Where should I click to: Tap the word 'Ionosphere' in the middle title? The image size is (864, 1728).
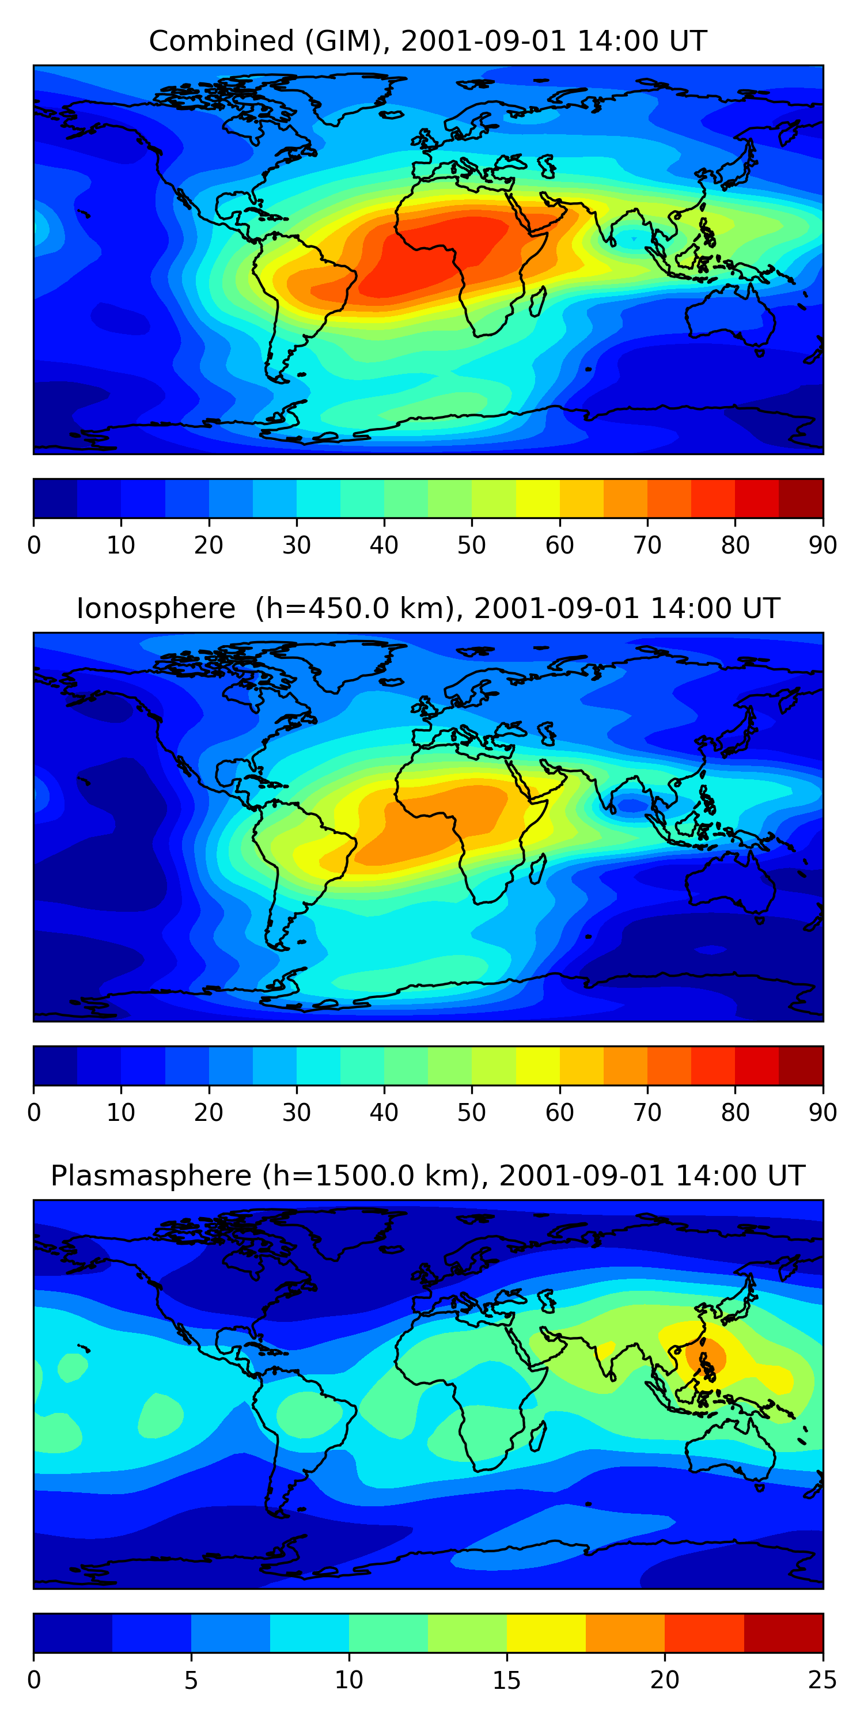tap(156, 608)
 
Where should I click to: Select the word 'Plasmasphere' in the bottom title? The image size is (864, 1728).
tap(151, 1176)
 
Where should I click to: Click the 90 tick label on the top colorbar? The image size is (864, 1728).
tap(823, 545)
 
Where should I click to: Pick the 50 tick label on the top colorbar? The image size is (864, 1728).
tap(472, 545)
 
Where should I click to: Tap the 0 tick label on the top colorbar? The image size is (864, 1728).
tap(34, 545)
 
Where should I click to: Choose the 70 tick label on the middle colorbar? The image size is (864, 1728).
tap(647, 1113)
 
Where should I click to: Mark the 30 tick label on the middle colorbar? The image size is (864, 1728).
tap(297, 1113)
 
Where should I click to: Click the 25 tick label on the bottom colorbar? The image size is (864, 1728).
tap(823, 1680)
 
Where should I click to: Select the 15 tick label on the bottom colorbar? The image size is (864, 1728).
tap(506, 1680)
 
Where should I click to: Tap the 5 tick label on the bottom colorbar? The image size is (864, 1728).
tap(191, 1680)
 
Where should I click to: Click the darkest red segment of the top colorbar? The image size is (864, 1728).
tap(801, 498)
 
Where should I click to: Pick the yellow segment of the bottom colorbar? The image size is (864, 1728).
tap(546, 1634)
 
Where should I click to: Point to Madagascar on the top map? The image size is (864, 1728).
tap(537, 302)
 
